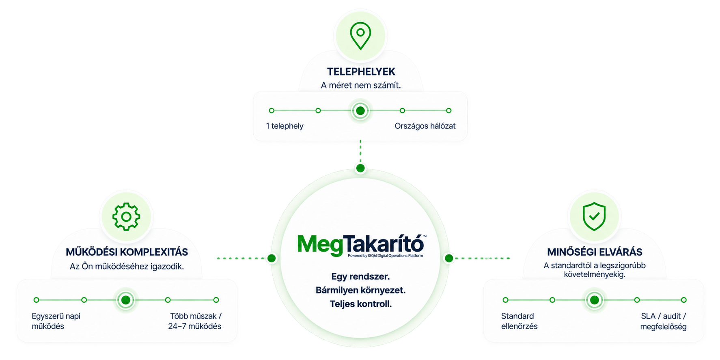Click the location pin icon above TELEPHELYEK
coord(360,36)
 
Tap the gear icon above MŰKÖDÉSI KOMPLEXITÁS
coord(126,217)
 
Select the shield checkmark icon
coord(594,216)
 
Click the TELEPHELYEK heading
coord(361,72)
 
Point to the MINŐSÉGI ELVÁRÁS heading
coord(595,252)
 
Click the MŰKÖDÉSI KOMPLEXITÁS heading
coord(127,252)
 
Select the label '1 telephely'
coord(285,126)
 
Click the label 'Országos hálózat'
coord(425,126)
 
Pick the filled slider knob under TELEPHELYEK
coord(360,110)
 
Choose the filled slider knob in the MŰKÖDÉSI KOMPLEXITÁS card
coord(126,300)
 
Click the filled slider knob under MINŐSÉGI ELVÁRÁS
coord(595,300)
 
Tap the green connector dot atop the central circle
coord(360,168)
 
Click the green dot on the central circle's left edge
coord(272,258)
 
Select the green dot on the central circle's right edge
coord(449,258)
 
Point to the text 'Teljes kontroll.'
coord(361,304)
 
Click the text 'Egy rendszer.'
coord(360,276)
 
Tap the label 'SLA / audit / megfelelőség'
coord(664,321)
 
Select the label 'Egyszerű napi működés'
coord(56,321)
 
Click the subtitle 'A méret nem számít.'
coord(361,85)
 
